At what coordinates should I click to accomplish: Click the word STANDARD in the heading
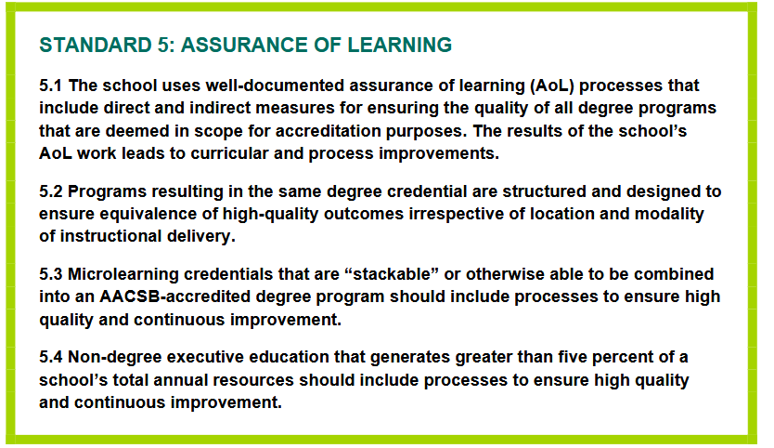[x=96, y=45]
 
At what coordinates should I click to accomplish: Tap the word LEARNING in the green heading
[x=399, y=45]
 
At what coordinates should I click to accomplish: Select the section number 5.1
[x=50, y=86]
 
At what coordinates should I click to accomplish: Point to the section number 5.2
[x=51, y=191]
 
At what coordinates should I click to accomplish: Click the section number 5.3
[x=51, y=274]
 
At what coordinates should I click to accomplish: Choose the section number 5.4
[x=51, y=357]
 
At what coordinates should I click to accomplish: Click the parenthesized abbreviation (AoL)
[x=552, y=86]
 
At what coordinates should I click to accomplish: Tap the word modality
[x=669, y=214]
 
